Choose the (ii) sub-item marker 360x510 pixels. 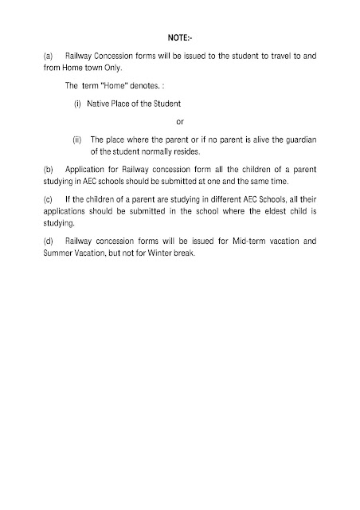point(77,139)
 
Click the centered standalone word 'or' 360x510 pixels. point(179,121)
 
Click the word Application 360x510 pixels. point(88,170)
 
